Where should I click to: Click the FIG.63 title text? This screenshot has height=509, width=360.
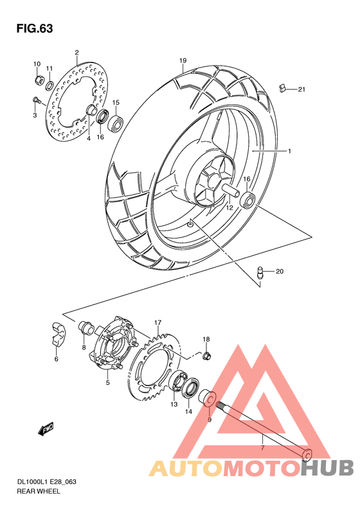click(x=34, y=28)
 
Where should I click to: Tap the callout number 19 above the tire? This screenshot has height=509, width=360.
click(x=183, y=61)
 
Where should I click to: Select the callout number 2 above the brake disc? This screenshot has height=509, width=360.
click(x=76, y=52)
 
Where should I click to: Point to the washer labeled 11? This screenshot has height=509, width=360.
click(x=49, y=84)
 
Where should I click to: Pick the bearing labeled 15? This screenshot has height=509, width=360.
click(x=116, y=122)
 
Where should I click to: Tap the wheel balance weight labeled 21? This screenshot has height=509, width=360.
click(x=282, y=88)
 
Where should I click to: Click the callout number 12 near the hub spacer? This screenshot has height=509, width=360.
click(x=228, y=207)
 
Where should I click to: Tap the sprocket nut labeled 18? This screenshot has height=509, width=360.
click(x=206, y=355)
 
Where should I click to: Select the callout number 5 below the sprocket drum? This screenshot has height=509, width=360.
click(x=108, y=383)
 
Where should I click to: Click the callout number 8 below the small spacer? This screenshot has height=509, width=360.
click(x=84, y=347)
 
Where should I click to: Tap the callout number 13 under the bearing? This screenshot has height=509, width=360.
click(x=174, y=405)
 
